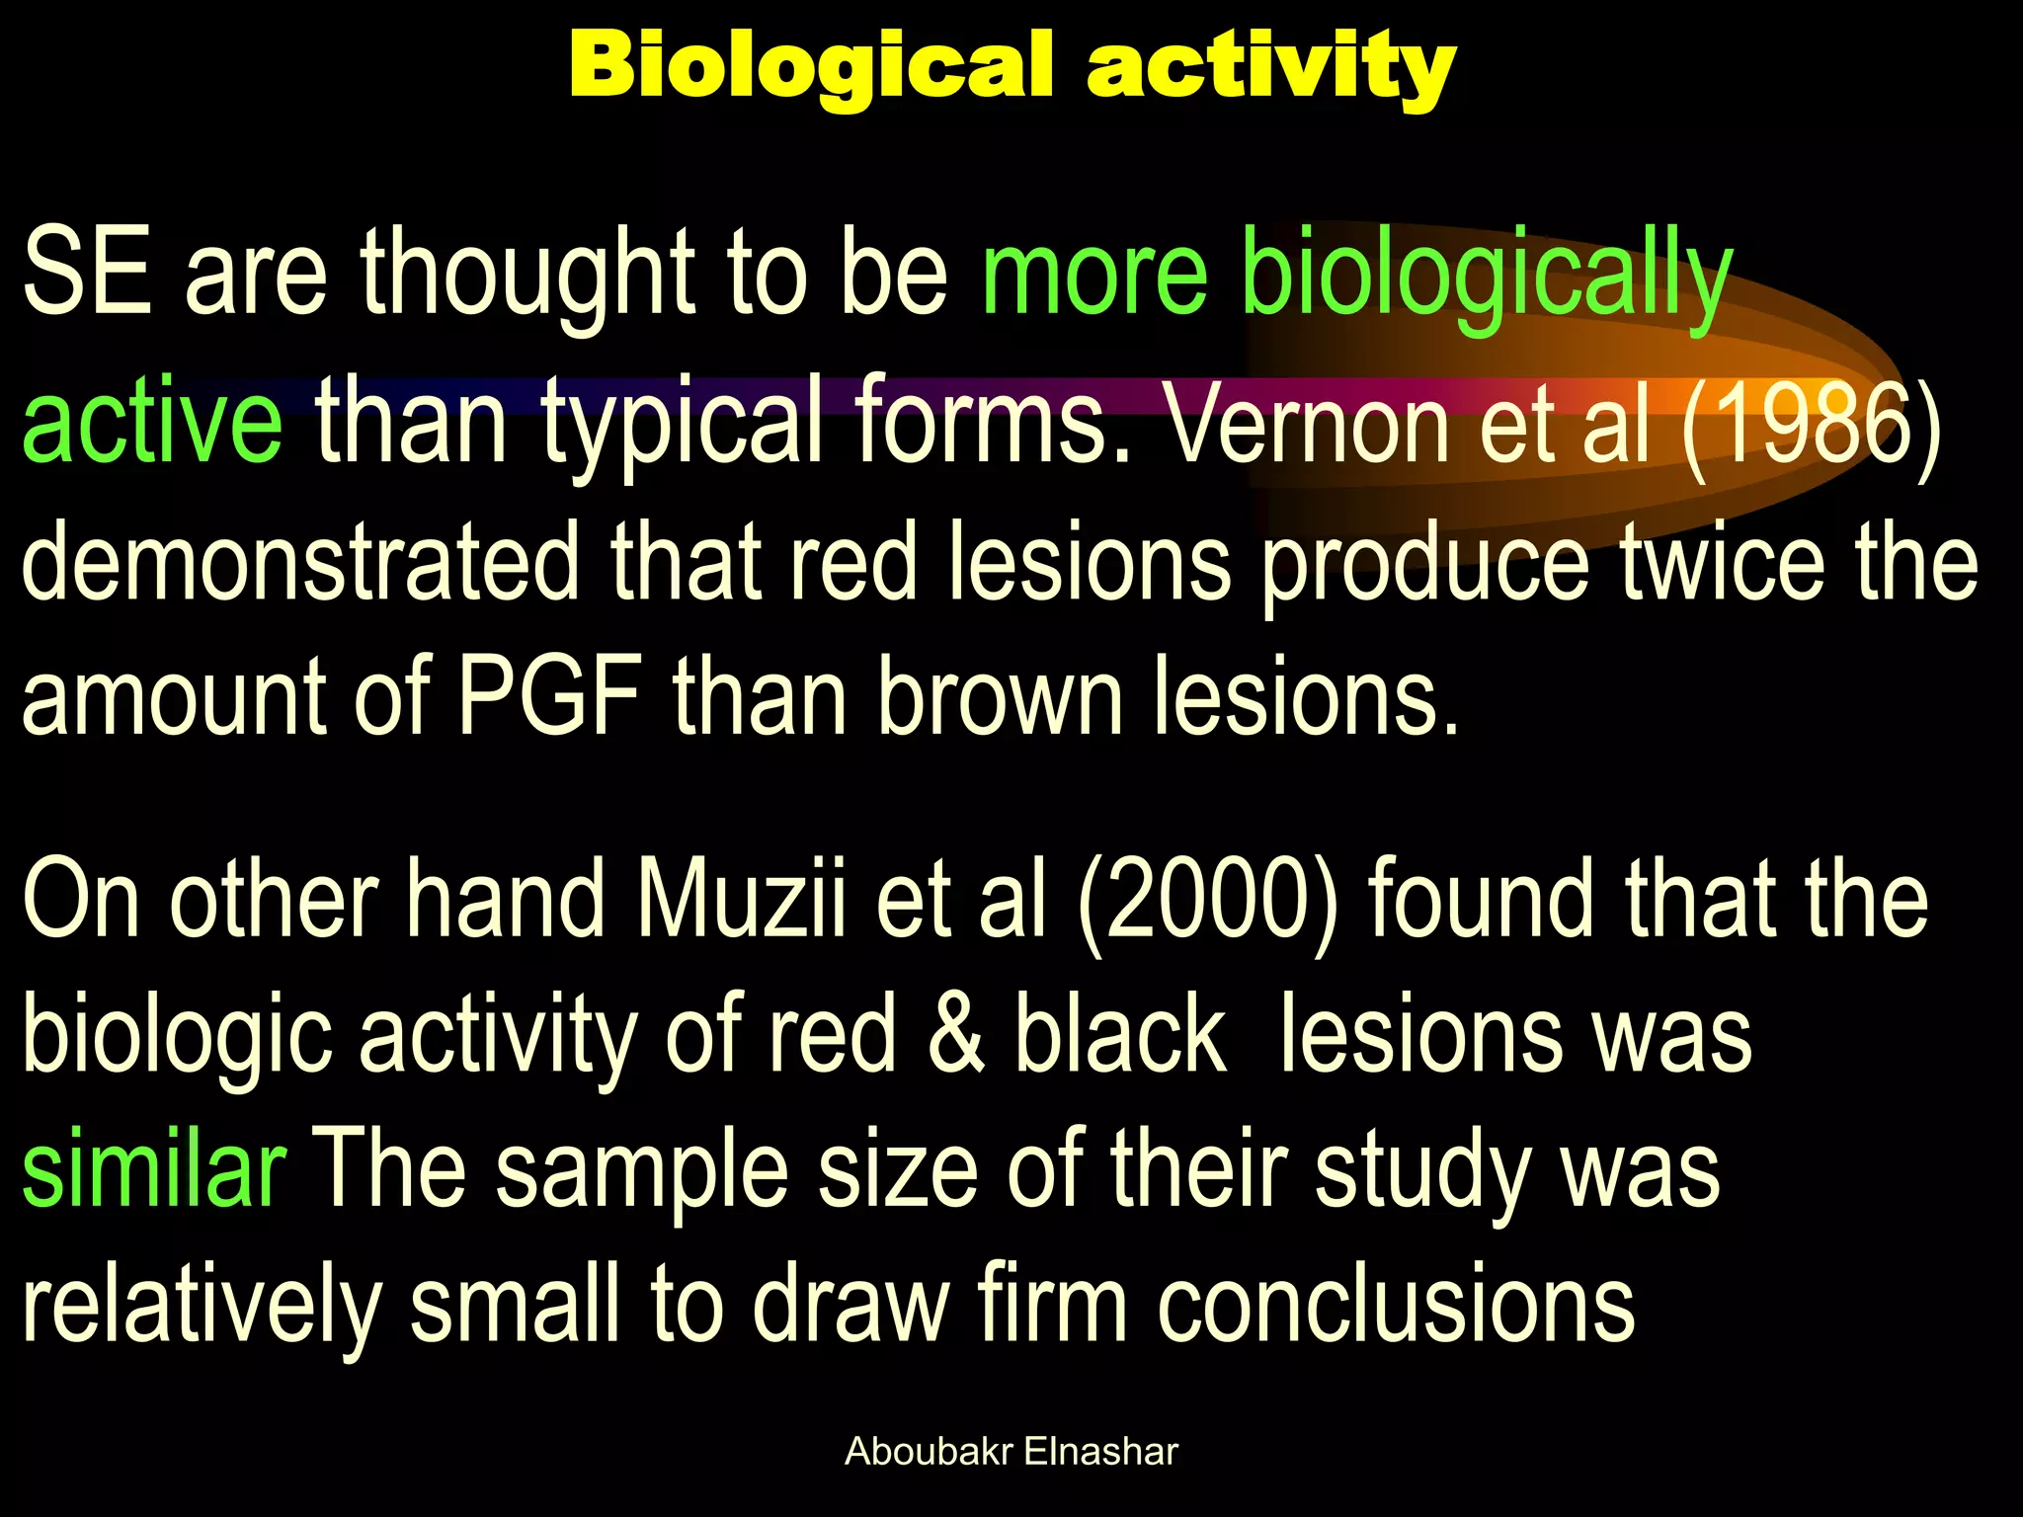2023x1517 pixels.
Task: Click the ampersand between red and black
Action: click(x=956, y=1035)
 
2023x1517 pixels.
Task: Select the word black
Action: click(x=1120, y=1035)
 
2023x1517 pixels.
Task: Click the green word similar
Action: click(x=154, y=1169)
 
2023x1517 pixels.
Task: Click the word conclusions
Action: click(x=1395, y=1306)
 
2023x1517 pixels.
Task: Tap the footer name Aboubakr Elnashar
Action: click(x=1011, y=1452)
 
